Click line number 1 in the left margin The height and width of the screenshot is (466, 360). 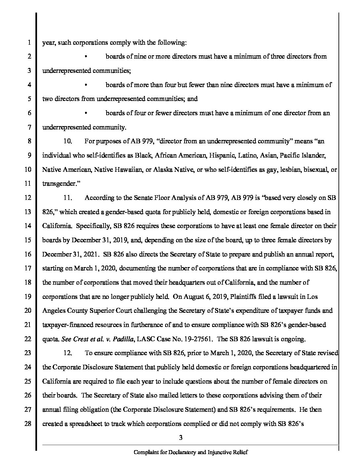coord(29,43)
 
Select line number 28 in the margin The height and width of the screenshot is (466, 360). coord(28,424)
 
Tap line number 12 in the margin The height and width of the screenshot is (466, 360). coord(28,198)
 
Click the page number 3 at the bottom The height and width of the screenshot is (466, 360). coord(181,438)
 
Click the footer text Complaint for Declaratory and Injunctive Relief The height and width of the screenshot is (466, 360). coord(191,452)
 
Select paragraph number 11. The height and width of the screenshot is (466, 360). coord(68,198)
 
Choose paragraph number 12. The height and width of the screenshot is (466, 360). coord(68,353)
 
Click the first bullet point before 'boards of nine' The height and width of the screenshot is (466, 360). coord(86,57)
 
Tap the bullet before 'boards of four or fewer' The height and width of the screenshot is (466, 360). coord(86,113)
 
